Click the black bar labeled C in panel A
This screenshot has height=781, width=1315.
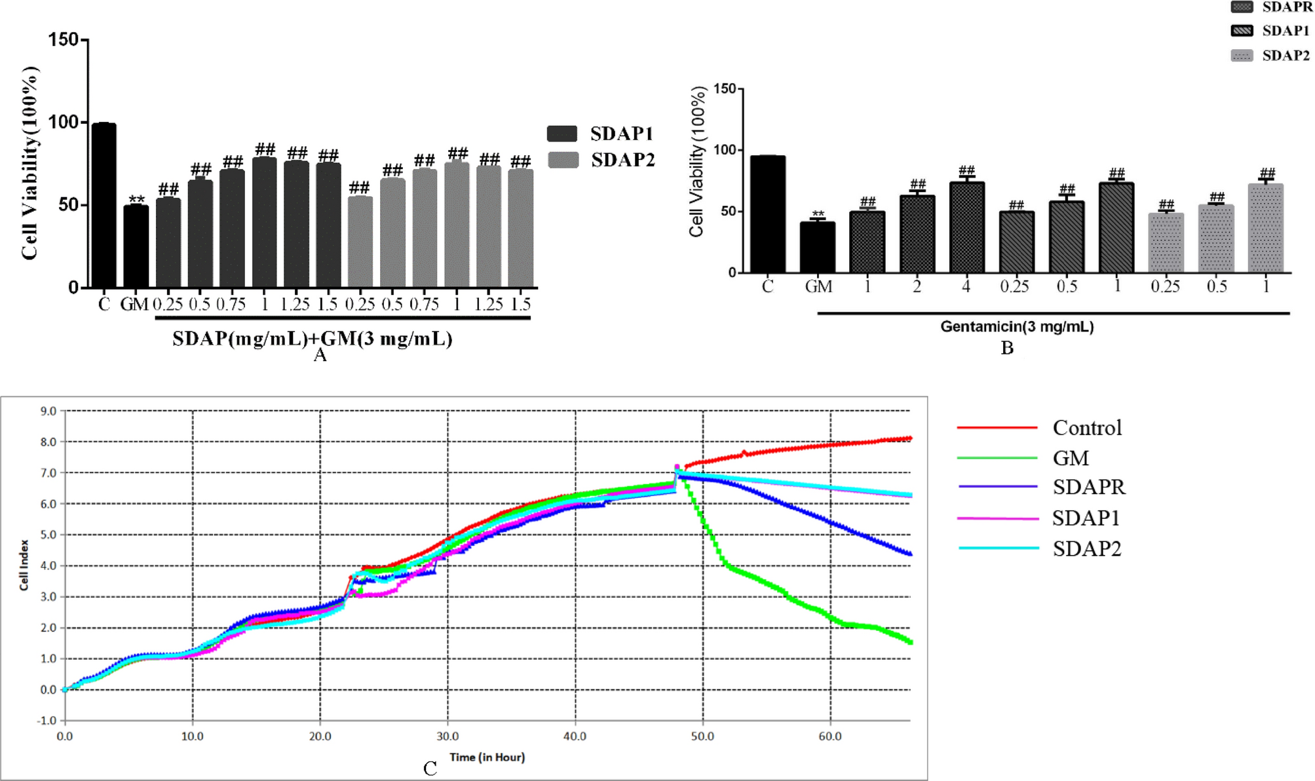coord(104,205)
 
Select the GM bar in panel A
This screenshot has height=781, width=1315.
coord(136,246)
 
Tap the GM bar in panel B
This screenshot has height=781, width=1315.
coord(817,248)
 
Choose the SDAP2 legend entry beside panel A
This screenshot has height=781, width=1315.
coord(601,160)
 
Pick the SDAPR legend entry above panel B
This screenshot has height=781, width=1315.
coord(1271,7)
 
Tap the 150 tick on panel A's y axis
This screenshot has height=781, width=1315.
coord(63,40)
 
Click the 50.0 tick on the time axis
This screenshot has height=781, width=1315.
coord(702,736)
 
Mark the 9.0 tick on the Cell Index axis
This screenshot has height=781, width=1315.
coord(48,411)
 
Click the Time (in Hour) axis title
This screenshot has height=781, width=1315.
coord(487,757)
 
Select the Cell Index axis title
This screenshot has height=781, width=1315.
coord(24,565)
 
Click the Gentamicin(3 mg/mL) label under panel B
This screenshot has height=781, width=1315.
coord(1017,326)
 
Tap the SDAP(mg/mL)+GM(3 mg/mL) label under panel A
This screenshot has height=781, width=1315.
coord(313,339)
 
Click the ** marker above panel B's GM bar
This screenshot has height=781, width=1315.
coord(818,214)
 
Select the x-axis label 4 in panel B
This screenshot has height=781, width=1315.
coord(966,286)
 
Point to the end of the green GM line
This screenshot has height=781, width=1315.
coord(910,642)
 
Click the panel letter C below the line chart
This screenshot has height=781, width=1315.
coord(430,769)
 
